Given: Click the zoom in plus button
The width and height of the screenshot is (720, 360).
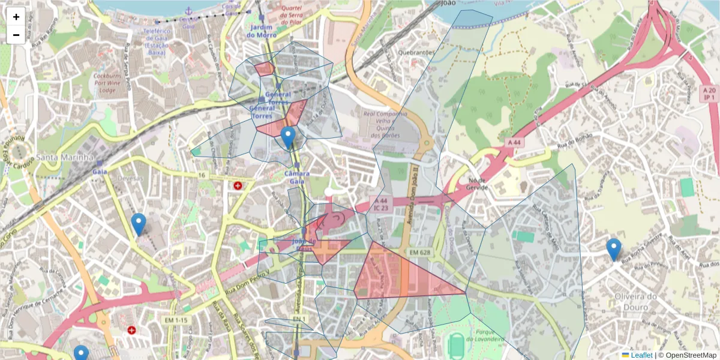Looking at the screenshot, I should (16, 17).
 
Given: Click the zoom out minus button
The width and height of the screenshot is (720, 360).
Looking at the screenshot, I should (16, 35).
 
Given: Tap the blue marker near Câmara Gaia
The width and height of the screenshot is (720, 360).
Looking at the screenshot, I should (289, 137).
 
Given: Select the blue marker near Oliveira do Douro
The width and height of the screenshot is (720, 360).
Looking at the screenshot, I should (613, 249).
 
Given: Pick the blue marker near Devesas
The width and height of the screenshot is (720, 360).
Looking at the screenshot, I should (139, 224).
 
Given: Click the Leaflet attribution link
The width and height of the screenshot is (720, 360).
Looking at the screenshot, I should (641, 355).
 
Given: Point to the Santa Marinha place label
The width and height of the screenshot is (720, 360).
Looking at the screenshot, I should (65, 157).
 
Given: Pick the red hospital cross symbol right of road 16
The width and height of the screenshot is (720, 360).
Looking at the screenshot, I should (238, 186).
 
